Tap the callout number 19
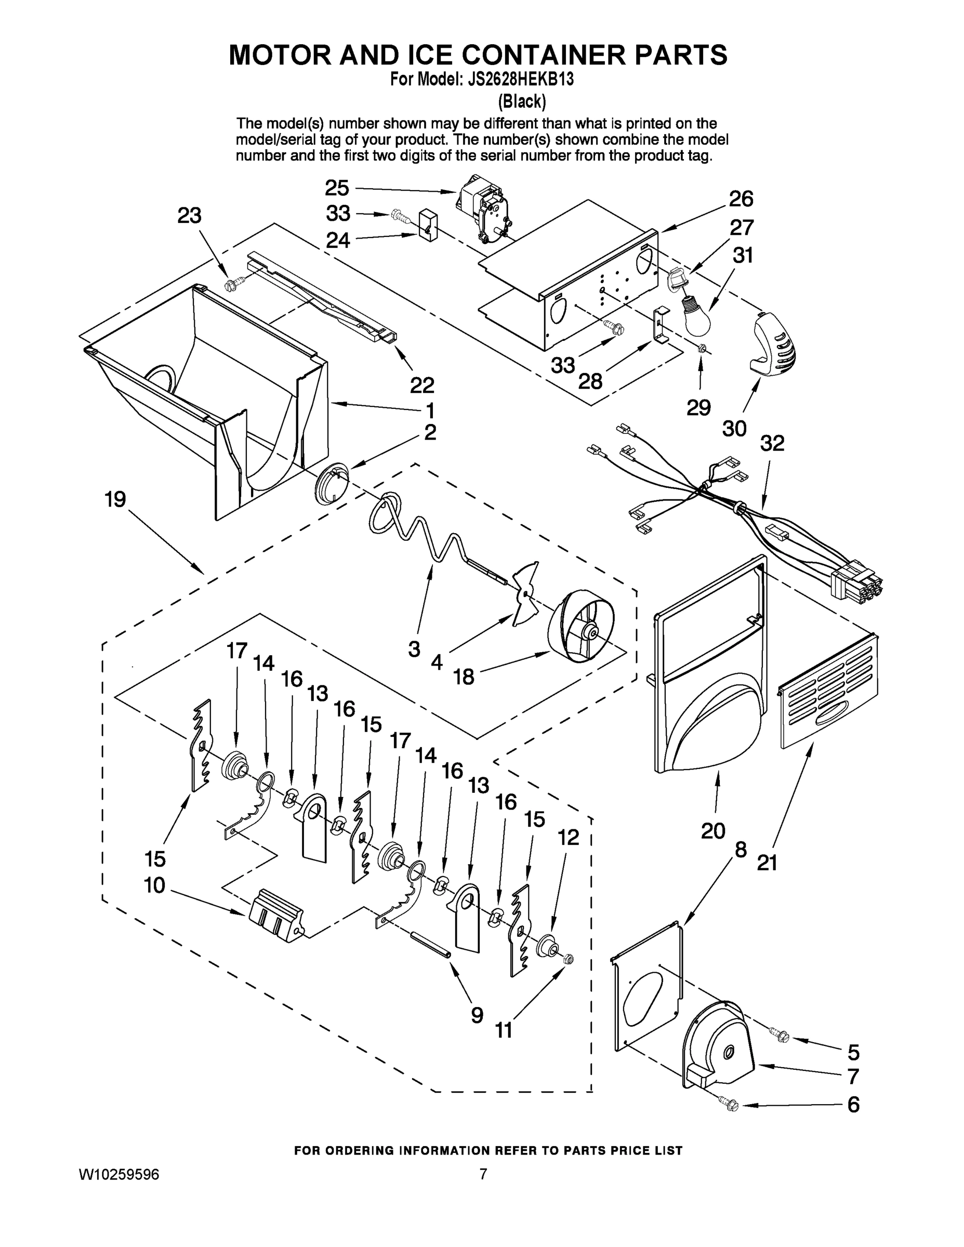tap(115, 500)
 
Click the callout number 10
tap(154, 885)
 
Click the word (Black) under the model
tap(522, 102)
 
